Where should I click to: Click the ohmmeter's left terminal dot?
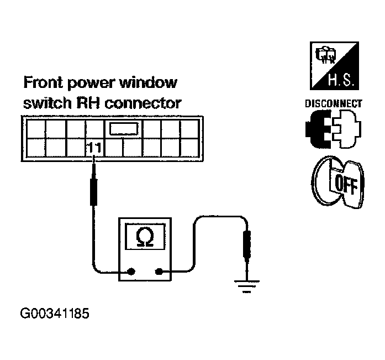pos(131,272)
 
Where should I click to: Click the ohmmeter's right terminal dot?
pos(160,272)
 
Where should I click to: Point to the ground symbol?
pos(244,285)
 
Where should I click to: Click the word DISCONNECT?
pos(333,103)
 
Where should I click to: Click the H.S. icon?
pos(333,67)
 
